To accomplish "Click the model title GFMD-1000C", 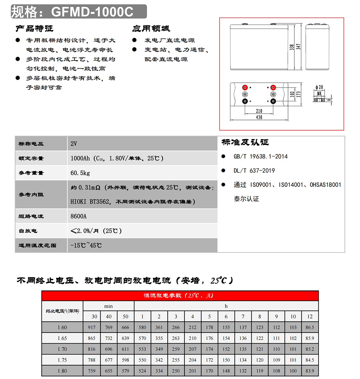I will (92, 12).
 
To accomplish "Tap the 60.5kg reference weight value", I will (80, 173).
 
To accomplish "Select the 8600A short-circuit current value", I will (79, 216).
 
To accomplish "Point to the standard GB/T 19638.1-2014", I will (260, 157).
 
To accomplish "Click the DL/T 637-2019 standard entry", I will (254, 171).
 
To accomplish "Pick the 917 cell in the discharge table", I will (92, 327).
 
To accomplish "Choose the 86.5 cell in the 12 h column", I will (310, 327).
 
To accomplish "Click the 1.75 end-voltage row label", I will (62, 360).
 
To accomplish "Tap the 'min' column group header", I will (108, 306).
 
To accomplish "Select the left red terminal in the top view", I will (245, 88).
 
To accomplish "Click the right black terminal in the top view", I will (273, 101).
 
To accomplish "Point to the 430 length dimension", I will (259, 117).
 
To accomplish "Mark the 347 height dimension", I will (298, 47).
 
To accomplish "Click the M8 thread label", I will (319, 94).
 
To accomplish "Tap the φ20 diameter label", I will (319, 87).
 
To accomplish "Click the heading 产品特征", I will (34, 28).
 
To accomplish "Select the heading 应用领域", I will (151, 28).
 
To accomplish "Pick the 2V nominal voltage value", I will (74, 144).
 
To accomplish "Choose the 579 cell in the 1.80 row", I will (125, 371).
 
